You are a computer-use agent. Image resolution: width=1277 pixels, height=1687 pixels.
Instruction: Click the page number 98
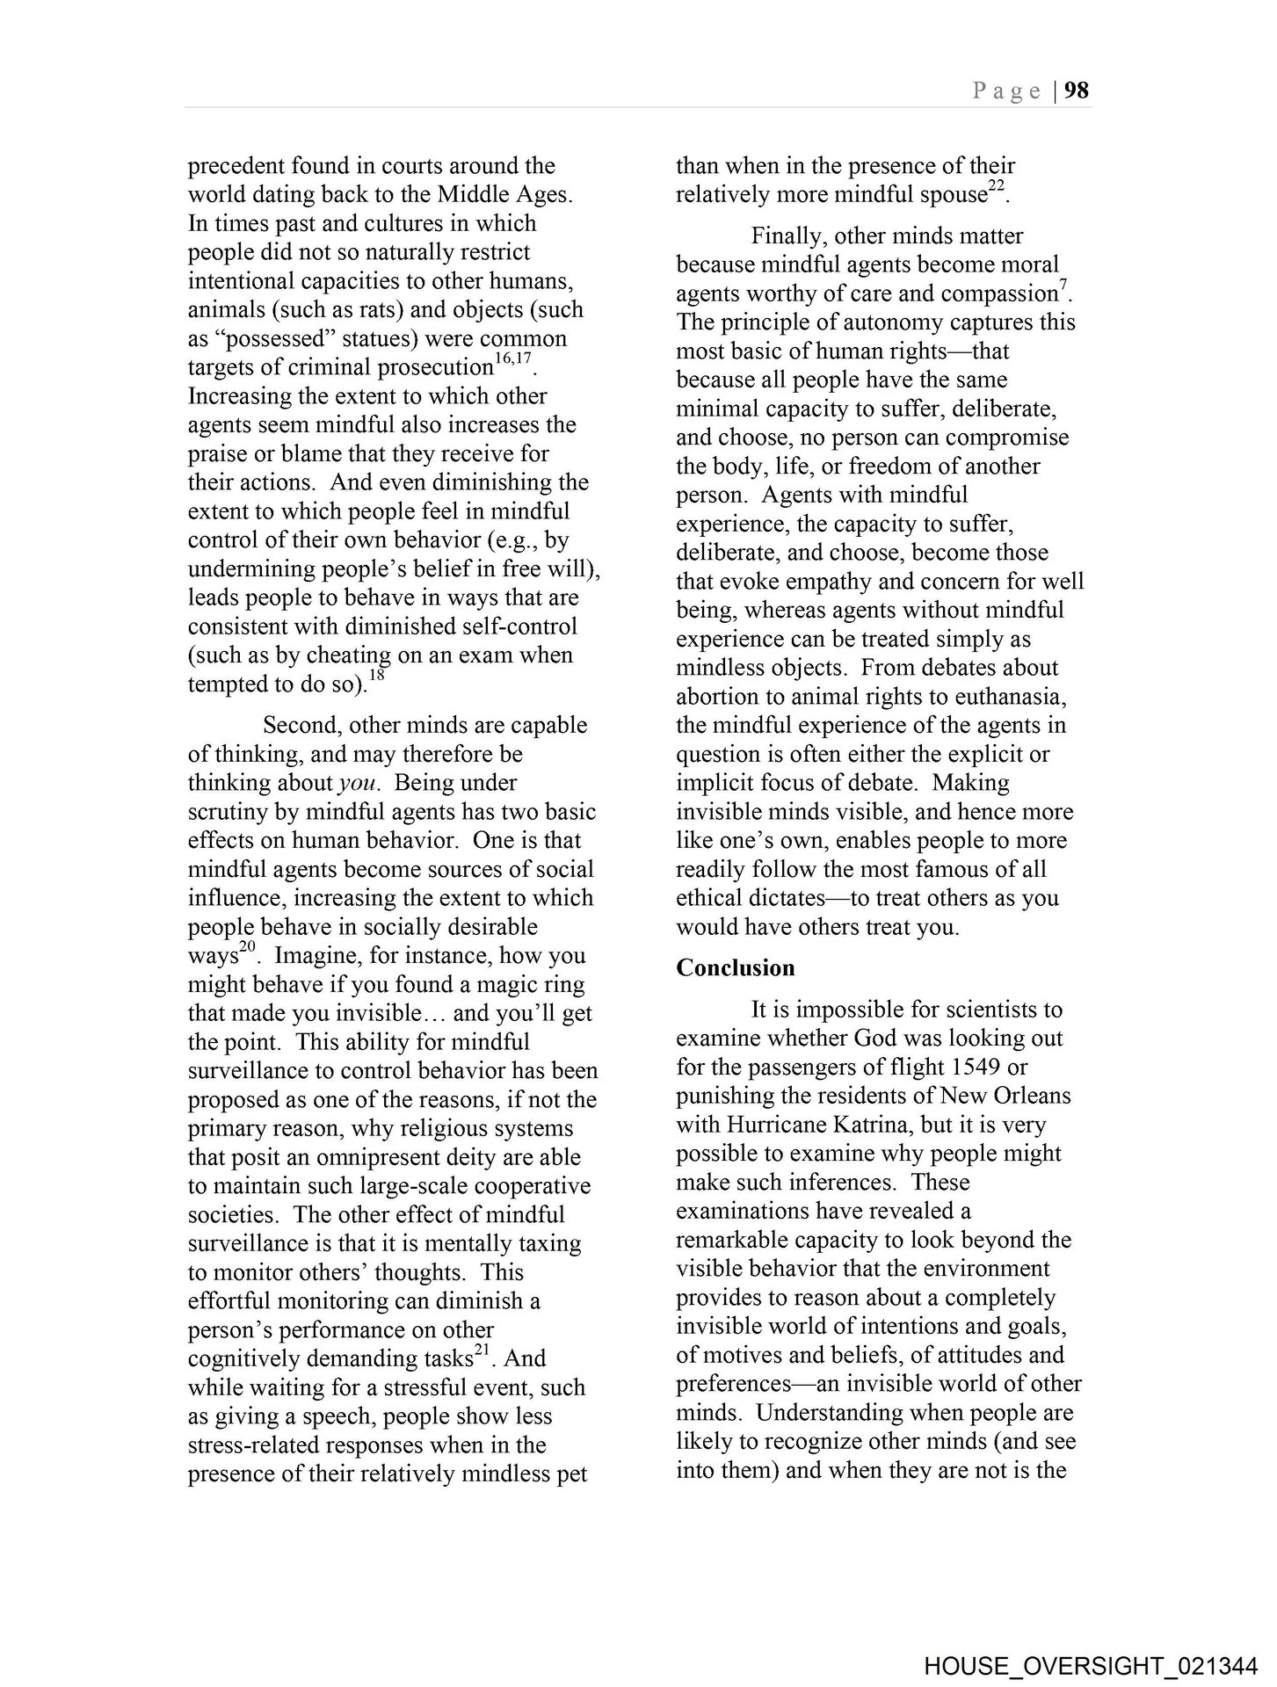[x=1077, y=91]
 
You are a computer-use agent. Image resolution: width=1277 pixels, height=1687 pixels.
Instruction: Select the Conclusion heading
[x=735, y=967]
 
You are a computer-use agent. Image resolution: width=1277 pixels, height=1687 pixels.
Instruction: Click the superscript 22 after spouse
[x=996, y=187]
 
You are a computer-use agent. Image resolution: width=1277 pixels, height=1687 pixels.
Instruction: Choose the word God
[x=875, y=1038]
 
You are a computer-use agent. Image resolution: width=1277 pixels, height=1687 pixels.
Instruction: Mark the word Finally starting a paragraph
[x=788, y=235]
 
